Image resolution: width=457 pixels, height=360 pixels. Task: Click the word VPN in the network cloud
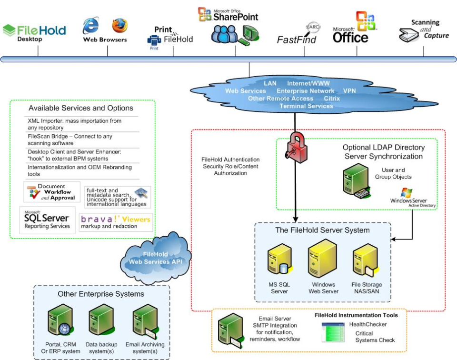click(349, 90)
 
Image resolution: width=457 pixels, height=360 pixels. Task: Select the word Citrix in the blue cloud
click(332, 98)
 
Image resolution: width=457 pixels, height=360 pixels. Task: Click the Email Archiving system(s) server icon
click(144, 321)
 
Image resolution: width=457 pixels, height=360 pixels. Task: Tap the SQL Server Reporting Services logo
click(47, 220)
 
